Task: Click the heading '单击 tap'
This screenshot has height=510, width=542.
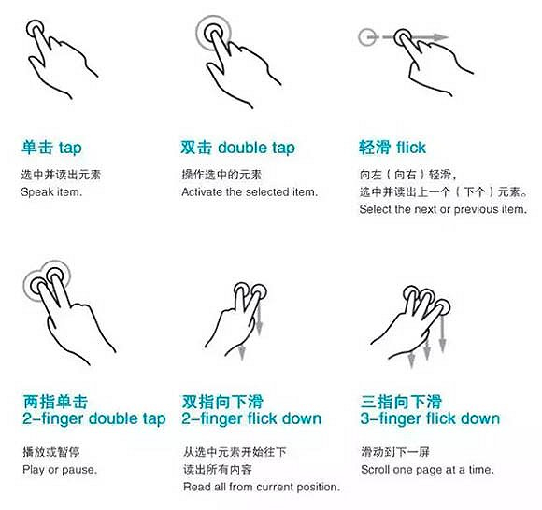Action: pos(51,148)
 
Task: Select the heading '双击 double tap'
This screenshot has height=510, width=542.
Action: pos(237,148)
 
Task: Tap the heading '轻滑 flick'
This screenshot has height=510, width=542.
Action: pos(392,148)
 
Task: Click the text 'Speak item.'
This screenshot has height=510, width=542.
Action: pos(51,191)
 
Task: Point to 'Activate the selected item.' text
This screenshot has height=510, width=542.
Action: pos(250,191)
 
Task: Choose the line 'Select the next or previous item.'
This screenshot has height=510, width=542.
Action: pos(443,209)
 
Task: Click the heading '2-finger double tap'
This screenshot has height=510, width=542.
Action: pos(94,418)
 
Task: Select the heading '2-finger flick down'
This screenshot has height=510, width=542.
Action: pos(251,418)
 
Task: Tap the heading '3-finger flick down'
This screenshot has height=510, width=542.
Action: pos(430,418)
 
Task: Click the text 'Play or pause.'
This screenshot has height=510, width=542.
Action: pos(60,470)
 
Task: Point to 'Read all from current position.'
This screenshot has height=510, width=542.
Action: pos(262,487)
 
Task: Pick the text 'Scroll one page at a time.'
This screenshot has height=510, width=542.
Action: pos(428,470)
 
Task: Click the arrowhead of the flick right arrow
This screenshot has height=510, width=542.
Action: pos(441,37)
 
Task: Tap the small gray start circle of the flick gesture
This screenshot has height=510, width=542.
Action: pos(366,37)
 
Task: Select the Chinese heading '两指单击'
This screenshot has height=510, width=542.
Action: pos(55,402)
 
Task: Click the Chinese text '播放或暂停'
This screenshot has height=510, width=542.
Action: pos(51,452)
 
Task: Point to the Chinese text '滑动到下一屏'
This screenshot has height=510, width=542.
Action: pos(395,452)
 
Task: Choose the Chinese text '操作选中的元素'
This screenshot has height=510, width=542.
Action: pos(221,175)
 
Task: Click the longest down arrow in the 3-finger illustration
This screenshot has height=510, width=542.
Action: pos(442,334)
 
